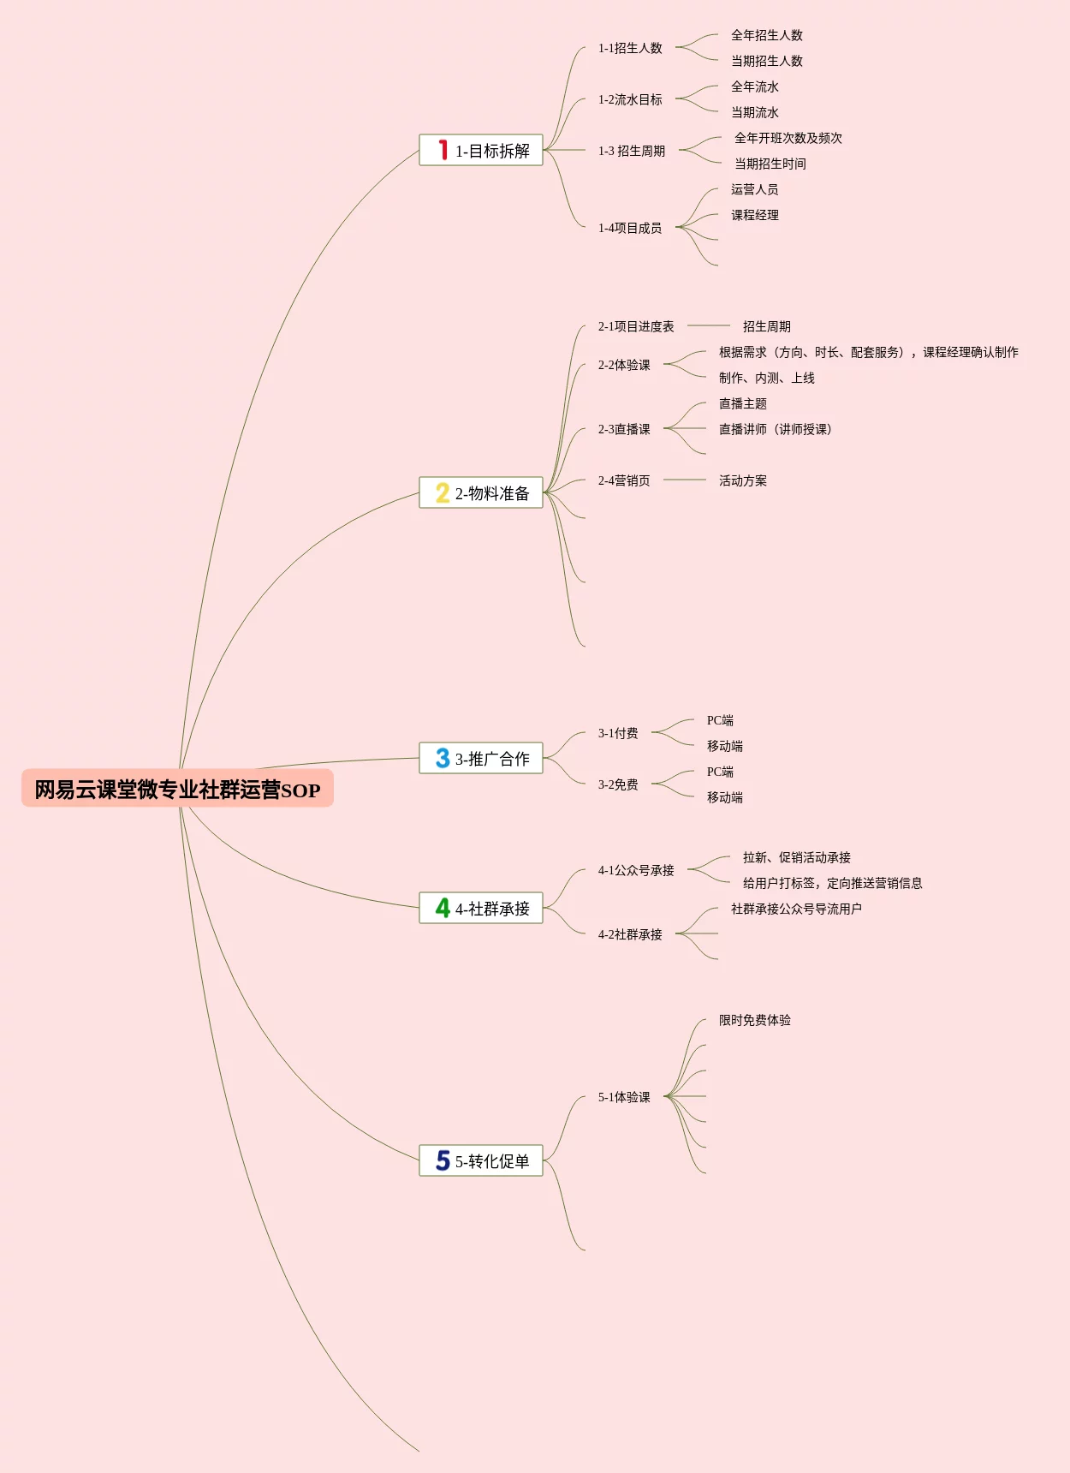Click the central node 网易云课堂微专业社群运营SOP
tap(177, 789)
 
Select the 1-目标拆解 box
tap(481, 151)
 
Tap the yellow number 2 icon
tap(442, 493)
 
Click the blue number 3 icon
tap(442, 759)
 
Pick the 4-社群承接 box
tap(481, 909)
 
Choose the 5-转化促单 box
tap(481, 1161)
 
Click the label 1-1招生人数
tap(630, 49)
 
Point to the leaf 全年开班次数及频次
tap(788, 139)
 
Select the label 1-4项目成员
tap(630, 229)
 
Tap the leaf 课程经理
tap(754, 216)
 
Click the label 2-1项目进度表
tap(636, 327)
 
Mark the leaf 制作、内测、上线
tap(766, 379)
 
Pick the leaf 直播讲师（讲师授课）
tap(775, 430)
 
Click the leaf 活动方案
tap(742, 481)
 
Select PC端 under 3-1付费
tap(720, 721)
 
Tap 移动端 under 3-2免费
tap(724, 798)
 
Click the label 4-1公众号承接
tap(636, 871)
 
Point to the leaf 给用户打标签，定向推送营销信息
tap(832, 884)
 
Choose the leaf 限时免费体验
tap(754, 1021)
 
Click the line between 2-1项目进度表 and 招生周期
tap(708, 325)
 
